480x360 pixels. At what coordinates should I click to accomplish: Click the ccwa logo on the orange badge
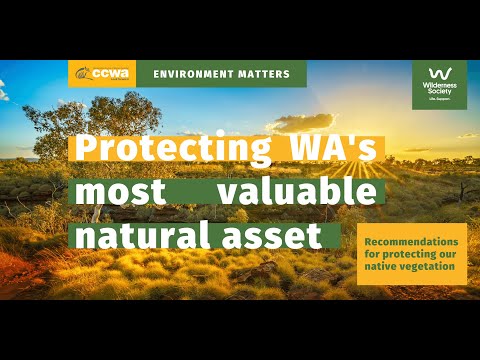coord(102,74)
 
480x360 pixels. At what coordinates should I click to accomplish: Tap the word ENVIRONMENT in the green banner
coord(196,74)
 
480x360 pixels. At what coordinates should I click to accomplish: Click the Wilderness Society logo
coord(439,84)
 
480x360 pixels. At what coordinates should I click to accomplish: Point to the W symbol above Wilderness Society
coord(439,73)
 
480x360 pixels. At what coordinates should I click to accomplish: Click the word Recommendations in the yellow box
coord(411,243)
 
